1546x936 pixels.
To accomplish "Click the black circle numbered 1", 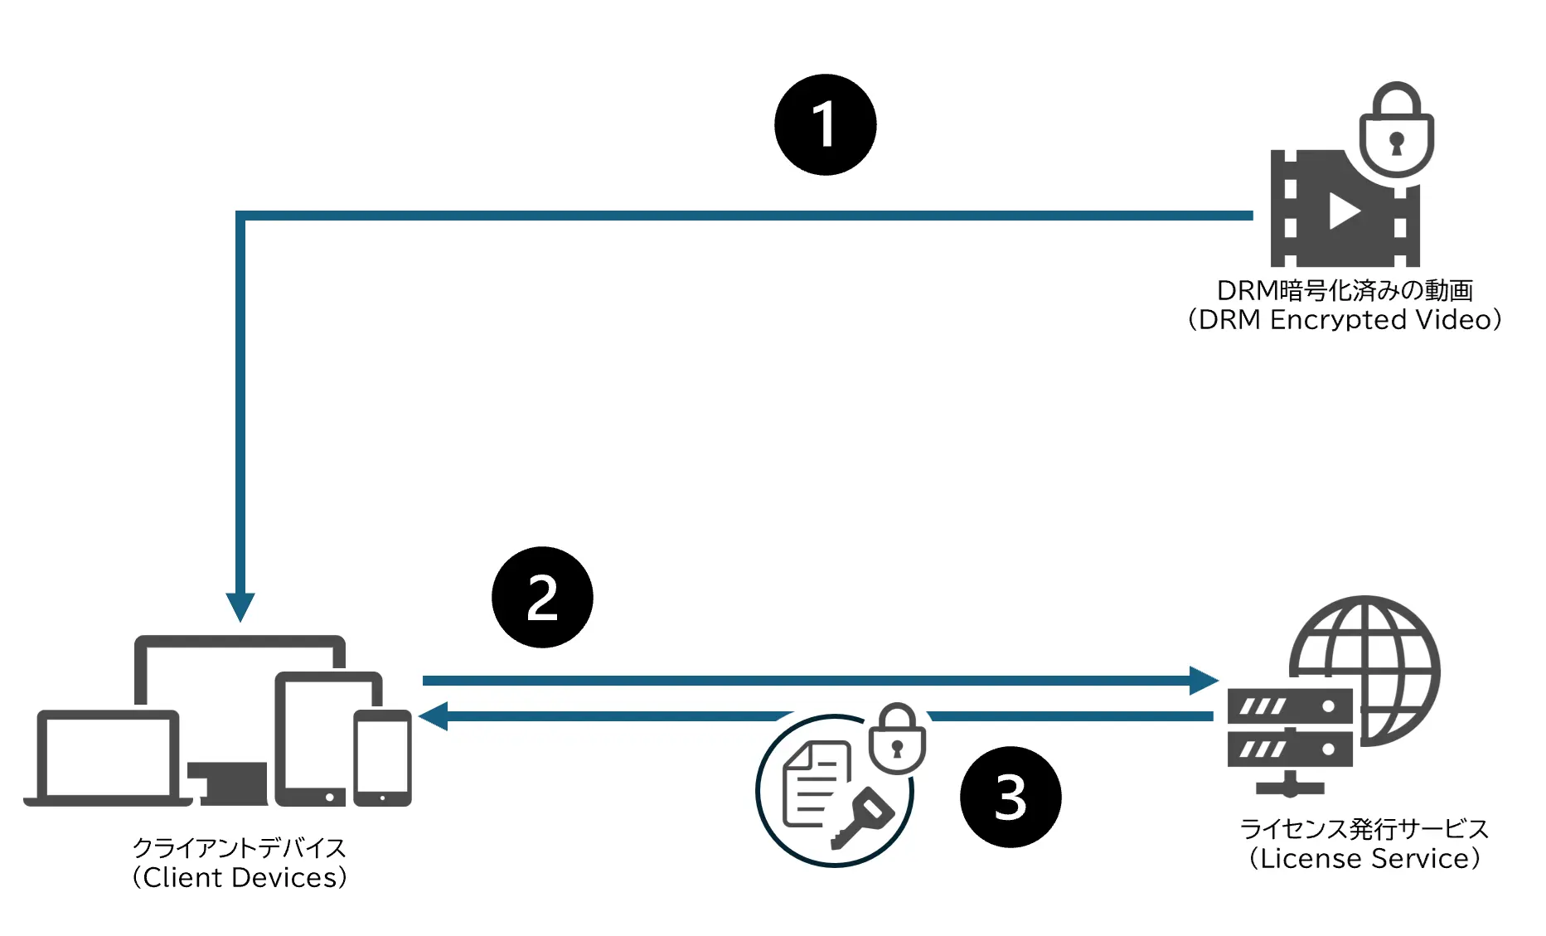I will (825, 125).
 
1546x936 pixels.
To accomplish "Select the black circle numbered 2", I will (542, 597).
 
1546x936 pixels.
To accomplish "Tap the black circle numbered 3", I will (1010, 798).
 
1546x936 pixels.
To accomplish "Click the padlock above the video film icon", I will (1397, 131).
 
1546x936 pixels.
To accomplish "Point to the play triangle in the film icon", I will (1344, 211).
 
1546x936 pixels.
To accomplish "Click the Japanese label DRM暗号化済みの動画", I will (1345, 290).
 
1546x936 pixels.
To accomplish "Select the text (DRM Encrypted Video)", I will (1345, 320).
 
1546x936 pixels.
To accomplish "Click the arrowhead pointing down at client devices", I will (240, 607).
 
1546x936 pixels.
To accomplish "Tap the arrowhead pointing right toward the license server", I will (1203, 681).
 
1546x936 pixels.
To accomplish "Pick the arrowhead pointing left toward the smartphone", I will (434, 715).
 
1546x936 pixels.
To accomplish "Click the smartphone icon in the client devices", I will (382, 758).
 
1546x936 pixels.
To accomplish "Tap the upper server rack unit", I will (1289, 707).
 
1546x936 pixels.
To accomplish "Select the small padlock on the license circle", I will (897, 740).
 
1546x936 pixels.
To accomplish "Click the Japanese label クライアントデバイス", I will (240, 847).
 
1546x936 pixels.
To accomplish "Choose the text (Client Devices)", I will (240, 878).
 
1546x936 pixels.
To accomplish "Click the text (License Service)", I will (1364, 859).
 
